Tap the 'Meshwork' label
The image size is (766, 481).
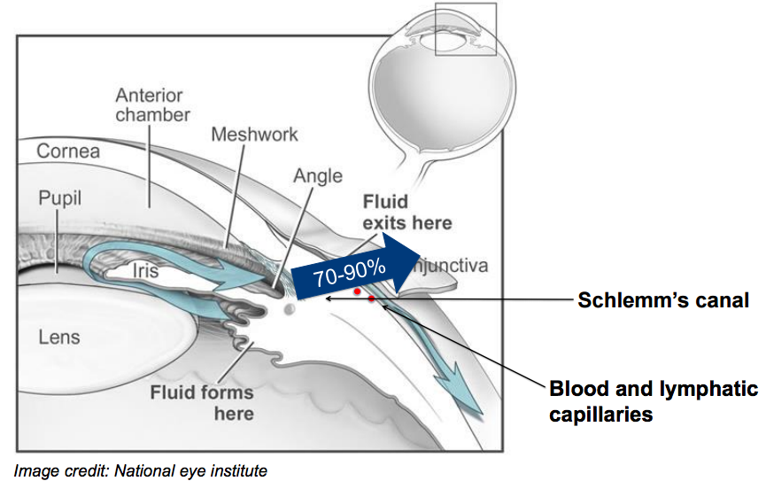click(254, 135)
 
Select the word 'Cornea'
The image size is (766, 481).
click(68, 151)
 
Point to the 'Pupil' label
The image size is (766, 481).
click(59, 197)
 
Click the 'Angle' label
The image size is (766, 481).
click(317, 175)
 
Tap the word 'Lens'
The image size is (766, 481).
click(59, 336)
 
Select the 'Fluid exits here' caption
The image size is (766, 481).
click(407, 212)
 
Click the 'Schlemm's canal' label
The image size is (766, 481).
click(663, 300)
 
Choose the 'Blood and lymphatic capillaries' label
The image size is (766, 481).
click(653, 401)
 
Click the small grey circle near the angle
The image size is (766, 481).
click(289, 310)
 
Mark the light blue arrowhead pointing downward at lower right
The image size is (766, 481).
click(469, 400)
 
